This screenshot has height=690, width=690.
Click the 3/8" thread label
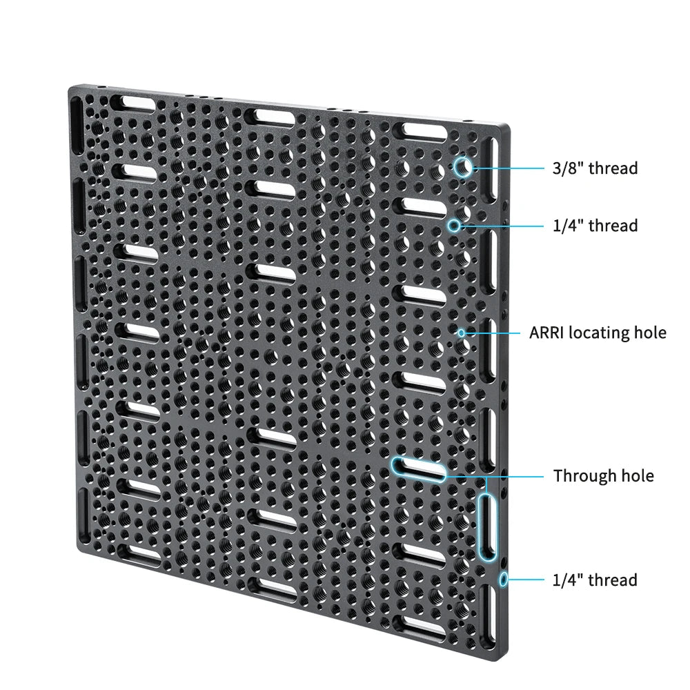595,168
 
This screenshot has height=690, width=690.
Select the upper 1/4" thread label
595,226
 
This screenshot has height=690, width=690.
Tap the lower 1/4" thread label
595,580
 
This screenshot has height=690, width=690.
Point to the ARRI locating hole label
598,333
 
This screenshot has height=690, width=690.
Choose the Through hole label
603,475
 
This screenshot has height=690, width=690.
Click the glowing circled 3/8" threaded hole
463,167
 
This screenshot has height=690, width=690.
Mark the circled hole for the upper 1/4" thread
454,226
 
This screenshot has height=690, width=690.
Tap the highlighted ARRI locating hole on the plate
461,333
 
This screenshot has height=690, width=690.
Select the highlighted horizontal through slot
419,469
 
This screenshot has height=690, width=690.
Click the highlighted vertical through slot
487,526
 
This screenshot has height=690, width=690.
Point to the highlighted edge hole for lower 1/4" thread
504,580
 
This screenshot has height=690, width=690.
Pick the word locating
598,333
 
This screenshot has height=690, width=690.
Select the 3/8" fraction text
568,168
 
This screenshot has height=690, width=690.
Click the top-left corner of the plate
68,87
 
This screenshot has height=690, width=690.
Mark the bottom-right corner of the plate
507,660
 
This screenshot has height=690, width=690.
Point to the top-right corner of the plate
510,126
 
